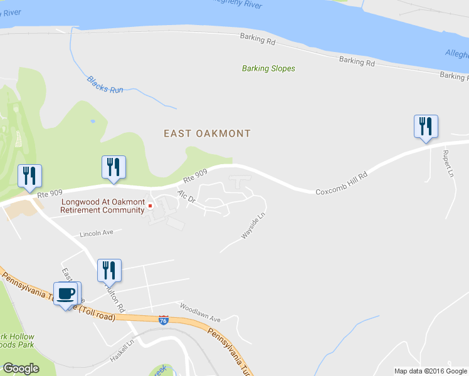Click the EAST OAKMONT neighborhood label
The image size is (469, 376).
click(207, 133)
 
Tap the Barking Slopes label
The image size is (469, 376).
click(268, 68)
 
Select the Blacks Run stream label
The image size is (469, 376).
click(105, 85)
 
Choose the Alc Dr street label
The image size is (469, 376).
click(187, 197)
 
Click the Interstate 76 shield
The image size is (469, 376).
click(164, 320)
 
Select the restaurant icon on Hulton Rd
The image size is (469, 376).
click(109, 270)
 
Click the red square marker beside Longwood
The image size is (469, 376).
click(150, 206)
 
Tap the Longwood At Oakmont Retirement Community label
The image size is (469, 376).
click(102, 206)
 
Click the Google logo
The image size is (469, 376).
click(21, 368)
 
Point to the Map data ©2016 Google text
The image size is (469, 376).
click(429, 371)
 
